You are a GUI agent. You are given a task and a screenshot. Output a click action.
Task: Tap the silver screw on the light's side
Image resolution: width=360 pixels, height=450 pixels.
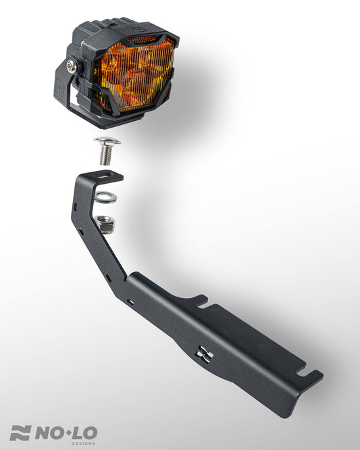coord(71,65)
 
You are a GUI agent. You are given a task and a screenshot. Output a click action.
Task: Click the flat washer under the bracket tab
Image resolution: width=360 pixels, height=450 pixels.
coord(105,197)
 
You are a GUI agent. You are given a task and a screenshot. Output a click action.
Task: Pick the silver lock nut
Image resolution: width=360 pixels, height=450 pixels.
coord(103,222)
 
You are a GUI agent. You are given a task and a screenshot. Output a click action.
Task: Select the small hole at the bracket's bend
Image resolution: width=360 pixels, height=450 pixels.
coord(108,277)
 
